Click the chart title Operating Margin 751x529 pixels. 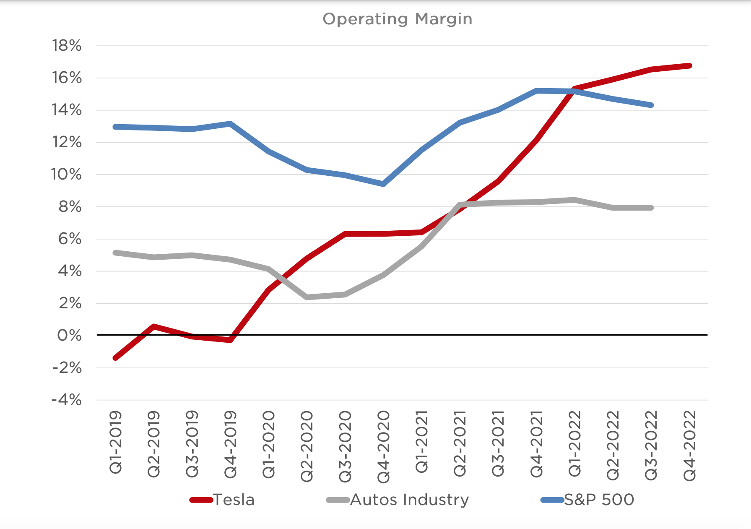397,19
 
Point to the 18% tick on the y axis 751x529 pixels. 67,45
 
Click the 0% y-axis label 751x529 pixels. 69,335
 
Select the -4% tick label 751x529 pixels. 67,400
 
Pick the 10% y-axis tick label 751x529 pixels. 67,174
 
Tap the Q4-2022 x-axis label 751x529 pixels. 690,445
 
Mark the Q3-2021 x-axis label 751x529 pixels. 498,445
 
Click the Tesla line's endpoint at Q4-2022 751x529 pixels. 690,66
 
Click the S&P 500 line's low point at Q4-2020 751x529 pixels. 384,184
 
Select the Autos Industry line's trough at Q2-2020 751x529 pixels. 307,297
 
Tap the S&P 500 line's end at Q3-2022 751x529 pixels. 651,105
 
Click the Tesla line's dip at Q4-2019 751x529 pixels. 231,340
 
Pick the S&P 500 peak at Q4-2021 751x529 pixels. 537,91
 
